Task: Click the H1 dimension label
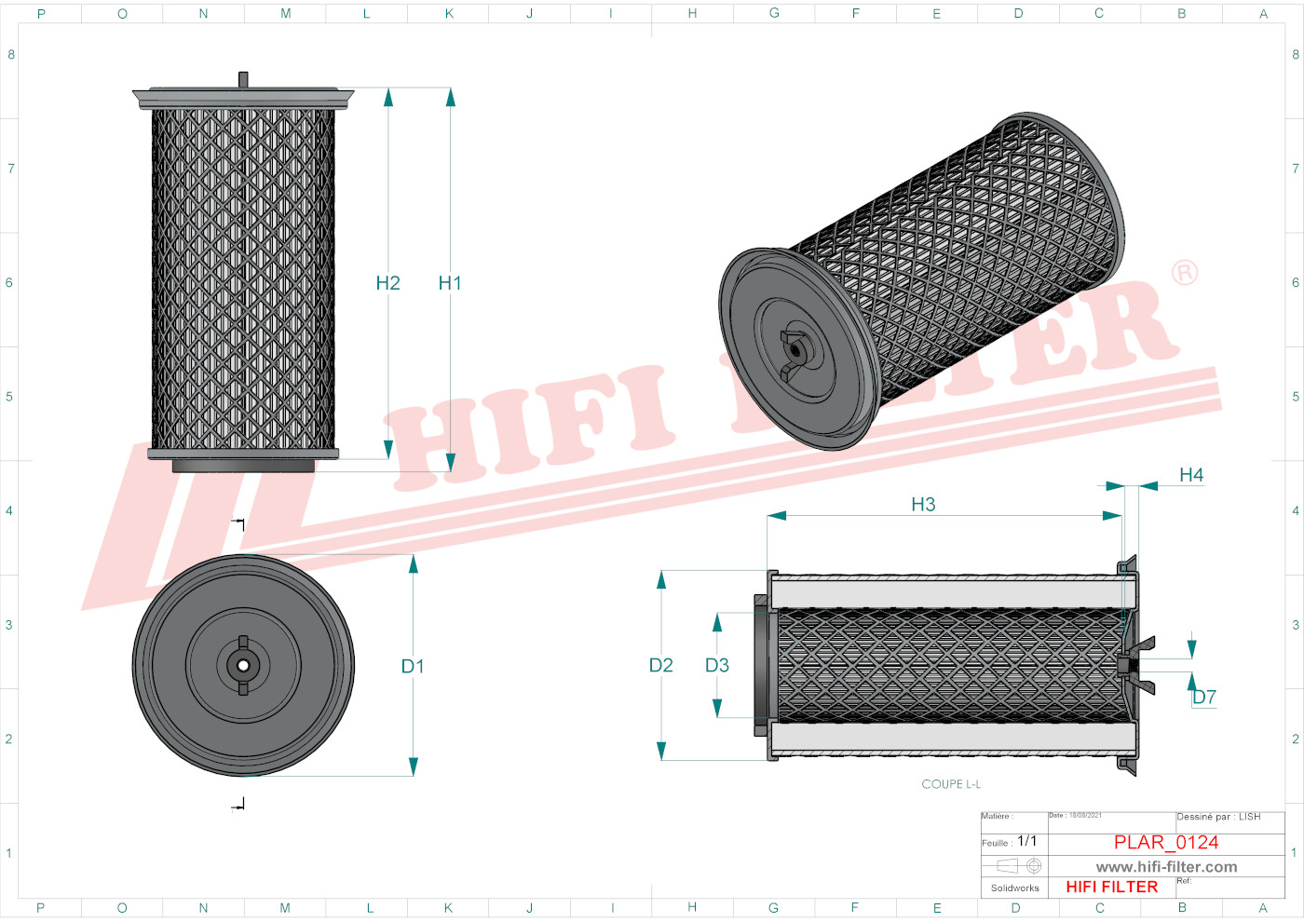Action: pyautogui.click(x=450, y=283)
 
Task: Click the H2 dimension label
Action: pyautogui.click(x=387, y=283)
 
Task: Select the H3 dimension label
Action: pyautogui.click(x=922, y=505)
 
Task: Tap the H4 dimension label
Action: pyautogui.click(x=1190, y=475)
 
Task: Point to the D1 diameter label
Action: pyautogui.click(x=412, y=666)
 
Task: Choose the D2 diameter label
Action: pyautogui.click(x=660, y=665)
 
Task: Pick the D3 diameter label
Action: pyautogui.click(x=716, y=665)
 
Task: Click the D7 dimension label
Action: pyautogui.click(x=1204, y=697)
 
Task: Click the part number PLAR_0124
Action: pyautogui.click(x=1165, y=842)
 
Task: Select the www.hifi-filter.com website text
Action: pyautogui.click(x=1166, y=866)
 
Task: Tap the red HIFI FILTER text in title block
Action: pyautogui.click(x=1111, y=887)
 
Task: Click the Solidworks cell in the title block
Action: pyautogui.click(x=1014, y=888)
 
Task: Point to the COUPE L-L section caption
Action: pyautogui.click(x=950, y=784)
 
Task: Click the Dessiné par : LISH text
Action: pyautogui.click(x=1218, y=817)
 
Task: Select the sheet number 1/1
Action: pyautogui.click(x=1026, y=841)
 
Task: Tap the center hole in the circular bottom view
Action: pyautogui.click(x=243, y=665)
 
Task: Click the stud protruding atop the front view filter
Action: pyautogui.click(x=243, y=79)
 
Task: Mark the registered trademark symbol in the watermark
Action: pyautogui.click(x=1184, y=273)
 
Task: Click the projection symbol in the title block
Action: pyautogui.click(x=1014, y=866)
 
